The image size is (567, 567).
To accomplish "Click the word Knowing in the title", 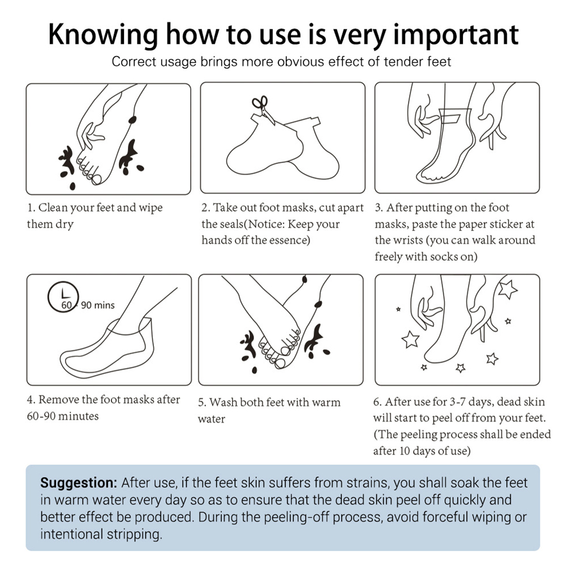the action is [x=103, y=35].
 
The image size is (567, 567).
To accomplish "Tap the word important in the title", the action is [x=456, y=35].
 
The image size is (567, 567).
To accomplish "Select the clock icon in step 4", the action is [x=63, y=297].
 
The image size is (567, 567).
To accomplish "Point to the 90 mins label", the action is [x=98, y=305].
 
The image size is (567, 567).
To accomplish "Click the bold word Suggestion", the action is [x=79, y=483].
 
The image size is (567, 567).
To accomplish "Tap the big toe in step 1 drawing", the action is [x=97, y=179].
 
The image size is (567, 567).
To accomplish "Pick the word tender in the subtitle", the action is [x=403, y=62].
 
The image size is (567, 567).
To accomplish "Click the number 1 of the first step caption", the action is [x=31, y=208].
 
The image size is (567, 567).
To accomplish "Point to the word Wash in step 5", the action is [x=224, y=402].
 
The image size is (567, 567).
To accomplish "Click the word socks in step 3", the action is [x=444, y=257].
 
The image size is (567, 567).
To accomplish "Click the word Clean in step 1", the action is [x=53, y=208].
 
